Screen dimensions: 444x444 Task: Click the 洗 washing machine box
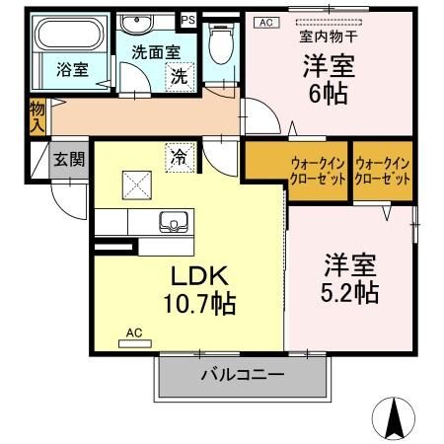point(179,75)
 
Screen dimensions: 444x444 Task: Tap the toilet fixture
point(222,43)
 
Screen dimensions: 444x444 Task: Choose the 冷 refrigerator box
point(180,156)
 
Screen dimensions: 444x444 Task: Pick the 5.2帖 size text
point(351,293)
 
